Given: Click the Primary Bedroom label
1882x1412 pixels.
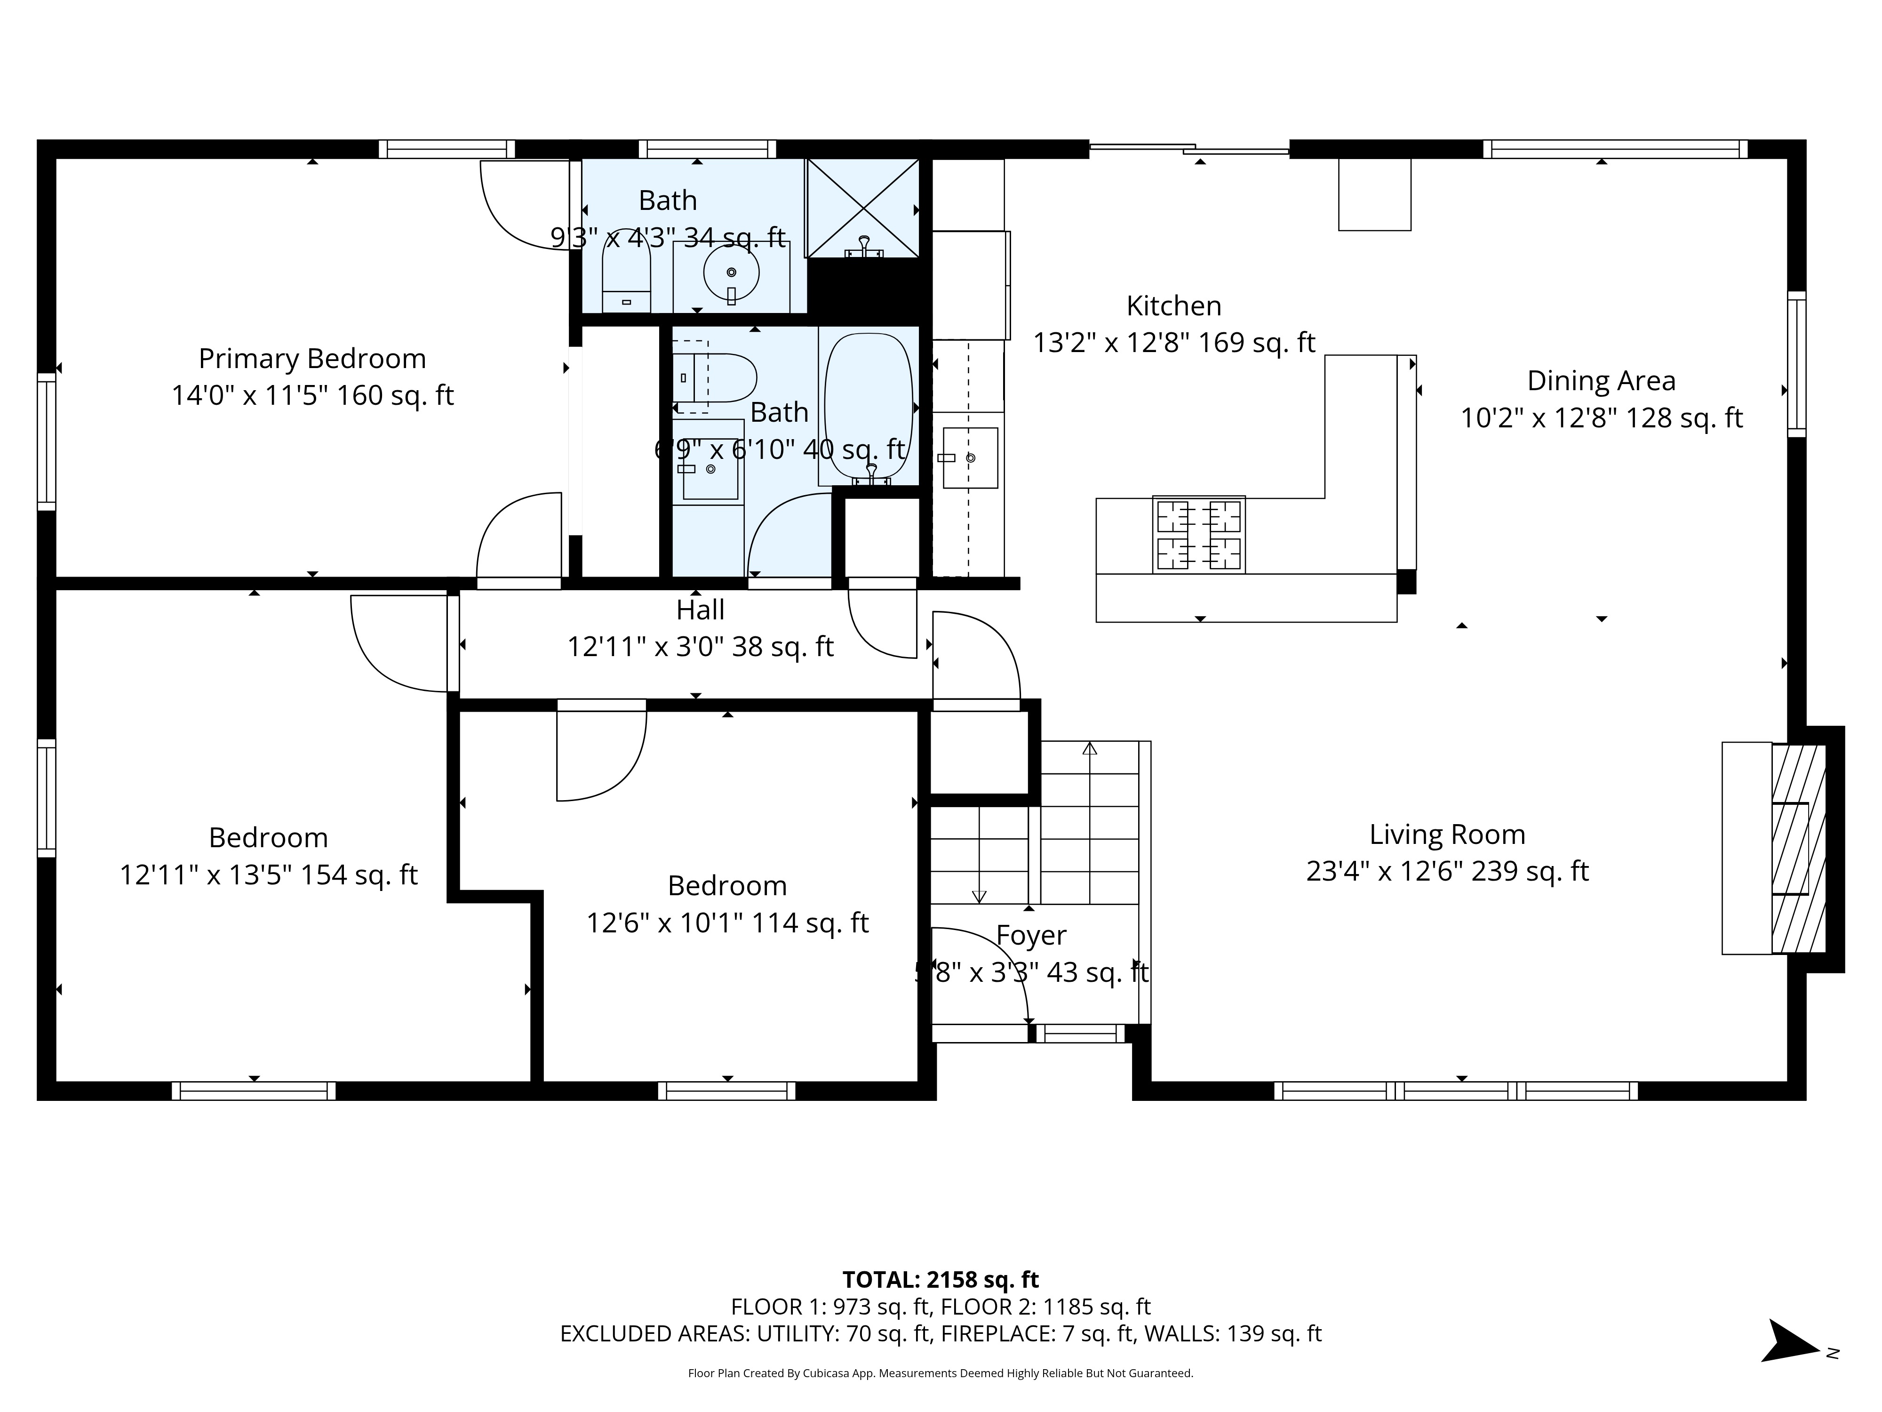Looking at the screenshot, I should pos(312,358).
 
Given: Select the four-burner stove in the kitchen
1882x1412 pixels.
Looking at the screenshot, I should pos(1199,535).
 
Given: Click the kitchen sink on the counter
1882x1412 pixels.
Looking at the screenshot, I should pos(969,458).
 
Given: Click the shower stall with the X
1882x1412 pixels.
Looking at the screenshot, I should pos(863,207).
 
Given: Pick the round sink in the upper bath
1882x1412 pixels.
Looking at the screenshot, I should pos(731,273).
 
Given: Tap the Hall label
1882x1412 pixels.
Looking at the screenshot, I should pos(700,610).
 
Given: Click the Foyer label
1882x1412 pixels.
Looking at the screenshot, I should pos(1030,935).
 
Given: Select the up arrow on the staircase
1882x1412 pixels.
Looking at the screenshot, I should pos(1089,749).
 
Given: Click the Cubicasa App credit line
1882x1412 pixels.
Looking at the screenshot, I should pos(940,1373).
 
